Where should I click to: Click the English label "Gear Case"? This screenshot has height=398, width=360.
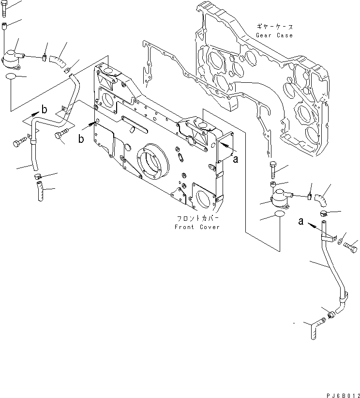click(x=275, y=35)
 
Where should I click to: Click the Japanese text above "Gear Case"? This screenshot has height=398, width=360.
click(x=275, y=27)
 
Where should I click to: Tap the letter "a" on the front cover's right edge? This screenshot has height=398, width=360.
click(x=235, y=160)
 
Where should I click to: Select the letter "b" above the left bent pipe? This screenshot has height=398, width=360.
click(x=44, y=109)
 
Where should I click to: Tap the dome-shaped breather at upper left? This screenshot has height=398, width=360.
click(x=12, y=61)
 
